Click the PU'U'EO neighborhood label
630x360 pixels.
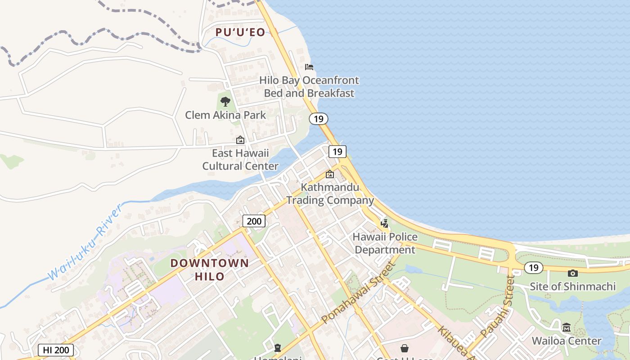point(240,32)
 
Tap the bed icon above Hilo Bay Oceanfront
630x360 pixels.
point(309,67)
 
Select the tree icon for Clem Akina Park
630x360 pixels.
point(225,102)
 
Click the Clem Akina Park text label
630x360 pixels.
point(225,115)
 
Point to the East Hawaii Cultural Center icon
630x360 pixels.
point(240,140)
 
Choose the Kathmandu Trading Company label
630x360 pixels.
point(330,193)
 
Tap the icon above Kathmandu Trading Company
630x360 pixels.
point(330,174)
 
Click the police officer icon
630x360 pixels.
point(384,223)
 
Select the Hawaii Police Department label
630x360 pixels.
point(385,243)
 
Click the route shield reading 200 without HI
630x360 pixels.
point(254,221)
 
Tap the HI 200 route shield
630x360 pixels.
point(55,350)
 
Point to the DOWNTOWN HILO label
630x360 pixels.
point(210,270)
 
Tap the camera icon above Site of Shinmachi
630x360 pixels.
point(572,273)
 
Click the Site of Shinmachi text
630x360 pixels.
point(572,286)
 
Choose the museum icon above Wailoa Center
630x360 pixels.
point(566,327)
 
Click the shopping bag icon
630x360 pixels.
point(405,348)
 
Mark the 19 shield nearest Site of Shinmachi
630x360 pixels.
point(533,268)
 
